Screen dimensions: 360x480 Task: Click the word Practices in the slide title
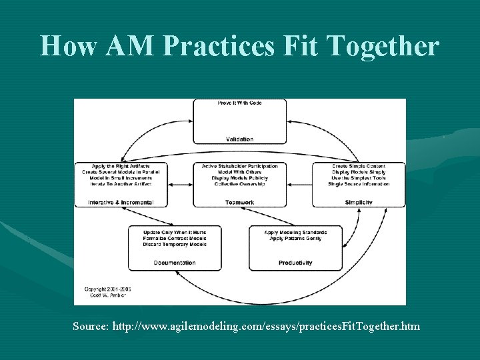tap(227, 45)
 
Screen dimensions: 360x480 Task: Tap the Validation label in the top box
tap(239, 139)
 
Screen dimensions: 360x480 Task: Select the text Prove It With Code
tap(239, 103)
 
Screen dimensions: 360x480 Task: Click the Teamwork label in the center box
tap(239, 202)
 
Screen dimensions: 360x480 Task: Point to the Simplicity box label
tap(359, 202)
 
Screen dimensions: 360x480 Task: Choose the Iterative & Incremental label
tap(121, 202)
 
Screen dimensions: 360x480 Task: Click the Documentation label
tap(175, 263)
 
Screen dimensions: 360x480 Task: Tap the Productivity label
tap(295, 263)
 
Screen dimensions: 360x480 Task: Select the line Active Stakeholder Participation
tap(239, 166)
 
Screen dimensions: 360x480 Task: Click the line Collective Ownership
tap(239, 184)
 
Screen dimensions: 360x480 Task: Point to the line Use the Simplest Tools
tap(359, 178)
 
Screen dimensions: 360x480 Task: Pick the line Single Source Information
tap(359, 184)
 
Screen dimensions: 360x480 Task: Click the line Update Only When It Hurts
tap(175, 232)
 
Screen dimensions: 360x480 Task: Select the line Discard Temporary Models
tap(175, 244)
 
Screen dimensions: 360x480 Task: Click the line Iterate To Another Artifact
tap(121, 184)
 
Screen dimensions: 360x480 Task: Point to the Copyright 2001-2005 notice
tap(107, 289)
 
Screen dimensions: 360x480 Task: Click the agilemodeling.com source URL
tap(267, 326)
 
